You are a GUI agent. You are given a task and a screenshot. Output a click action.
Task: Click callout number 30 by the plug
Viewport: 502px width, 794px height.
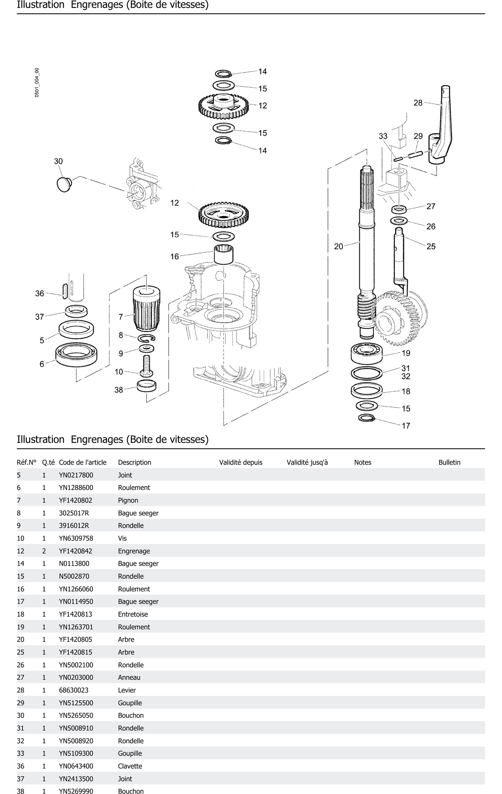58,161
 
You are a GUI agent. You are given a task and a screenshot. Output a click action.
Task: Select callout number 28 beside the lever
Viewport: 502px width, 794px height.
418,103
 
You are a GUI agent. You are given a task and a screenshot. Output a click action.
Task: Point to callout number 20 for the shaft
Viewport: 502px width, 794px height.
338,246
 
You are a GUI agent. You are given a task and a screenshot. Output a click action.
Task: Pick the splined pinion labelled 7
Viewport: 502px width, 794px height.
147,308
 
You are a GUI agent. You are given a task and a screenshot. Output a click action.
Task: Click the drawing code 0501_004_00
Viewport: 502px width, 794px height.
37,82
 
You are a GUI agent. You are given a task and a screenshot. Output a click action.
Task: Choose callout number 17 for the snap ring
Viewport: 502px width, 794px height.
406,426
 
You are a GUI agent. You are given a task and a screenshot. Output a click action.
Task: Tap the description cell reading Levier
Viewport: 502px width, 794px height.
127,690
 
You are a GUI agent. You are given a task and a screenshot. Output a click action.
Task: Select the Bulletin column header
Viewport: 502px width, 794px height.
449,462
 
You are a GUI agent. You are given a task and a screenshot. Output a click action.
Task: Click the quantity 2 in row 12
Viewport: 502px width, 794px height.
44,551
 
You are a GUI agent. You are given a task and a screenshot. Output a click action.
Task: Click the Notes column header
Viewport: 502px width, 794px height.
363,462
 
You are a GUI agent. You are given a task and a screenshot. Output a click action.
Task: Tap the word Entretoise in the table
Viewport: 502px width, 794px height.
133,614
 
